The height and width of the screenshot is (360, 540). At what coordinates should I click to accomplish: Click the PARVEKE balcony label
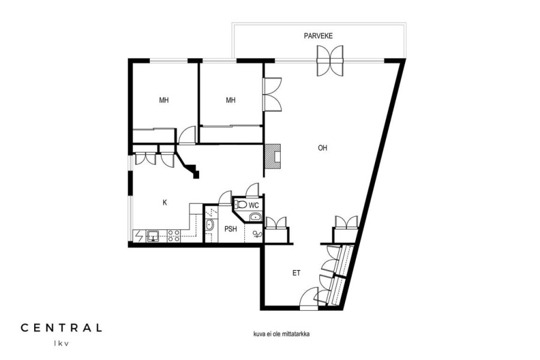(318, 36)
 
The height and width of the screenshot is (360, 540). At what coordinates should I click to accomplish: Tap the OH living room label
(322, 148)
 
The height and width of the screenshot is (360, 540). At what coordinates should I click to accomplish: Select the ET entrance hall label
(296, 273)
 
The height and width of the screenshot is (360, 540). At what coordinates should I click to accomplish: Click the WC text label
(254, 206)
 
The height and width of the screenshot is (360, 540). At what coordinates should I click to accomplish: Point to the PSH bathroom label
(230, 229)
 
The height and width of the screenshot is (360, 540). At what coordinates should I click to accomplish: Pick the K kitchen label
(164, 203)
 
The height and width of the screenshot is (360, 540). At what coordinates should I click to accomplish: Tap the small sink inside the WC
(255, 217)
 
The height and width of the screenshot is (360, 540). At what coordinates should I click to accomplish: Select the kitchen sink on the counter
(153, 236)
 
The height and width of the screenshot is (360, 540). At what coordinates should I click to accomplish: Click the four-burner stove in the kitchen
(173, 236)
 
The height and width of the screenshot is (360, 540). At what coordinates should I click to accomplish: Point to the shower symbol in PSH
(257, 235)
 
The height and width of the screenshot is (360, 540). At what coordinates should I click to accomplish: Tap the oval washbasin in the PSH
(209, 226)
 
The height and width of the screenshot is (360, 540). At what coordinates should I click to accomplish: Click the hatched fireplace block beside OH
(272, 157)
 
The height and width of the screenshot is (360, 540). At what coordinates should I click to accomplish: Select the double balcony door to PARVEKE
(330, 61)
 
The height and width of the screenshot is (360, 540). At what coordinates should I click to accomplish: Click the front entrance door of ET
(309, 299)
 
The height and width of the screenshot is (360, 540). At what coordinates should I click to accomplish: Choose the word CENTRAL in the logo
(61, 328)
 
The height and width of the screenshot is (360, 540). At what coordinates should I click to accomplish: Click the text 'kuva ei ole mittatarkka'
(281, 334)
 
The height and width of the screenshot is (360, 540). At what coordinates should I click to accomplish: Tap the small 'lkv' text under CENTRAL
(61, 343)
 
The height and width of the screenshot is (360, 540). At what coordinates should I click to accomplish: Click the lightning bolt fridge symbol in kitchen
(139, 236)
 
